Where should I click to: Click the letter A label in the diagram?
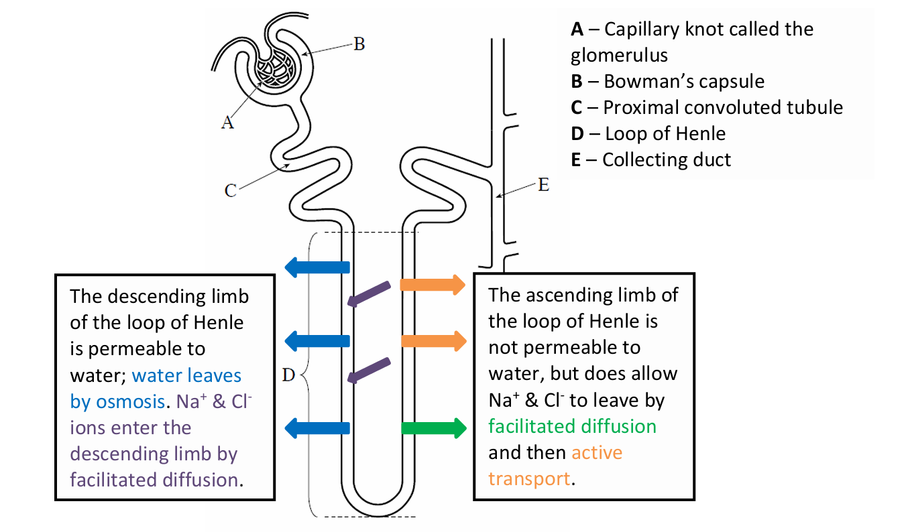coord(228,123)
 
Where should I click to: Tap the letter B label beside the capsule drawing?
coord(359,45)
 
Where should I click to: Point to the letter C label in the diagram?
coord(230,191)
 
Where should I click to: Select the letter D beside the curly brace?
coord(288,376)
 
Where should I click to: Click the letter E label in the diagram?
coord(543,186)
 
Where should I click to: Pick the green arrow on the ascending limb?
coord(433,427)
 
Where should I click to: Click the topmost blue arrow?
coord(317,267)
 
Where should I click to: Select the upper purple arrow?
coord(369,293)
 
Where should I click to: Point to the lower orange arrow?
coord(433,340)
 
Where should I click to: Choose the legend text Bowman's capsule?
coord(683,82)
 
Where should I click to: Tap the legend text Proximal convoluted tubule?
coord(722,108)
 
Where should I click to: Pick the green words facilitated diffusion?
coord(572,427)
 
